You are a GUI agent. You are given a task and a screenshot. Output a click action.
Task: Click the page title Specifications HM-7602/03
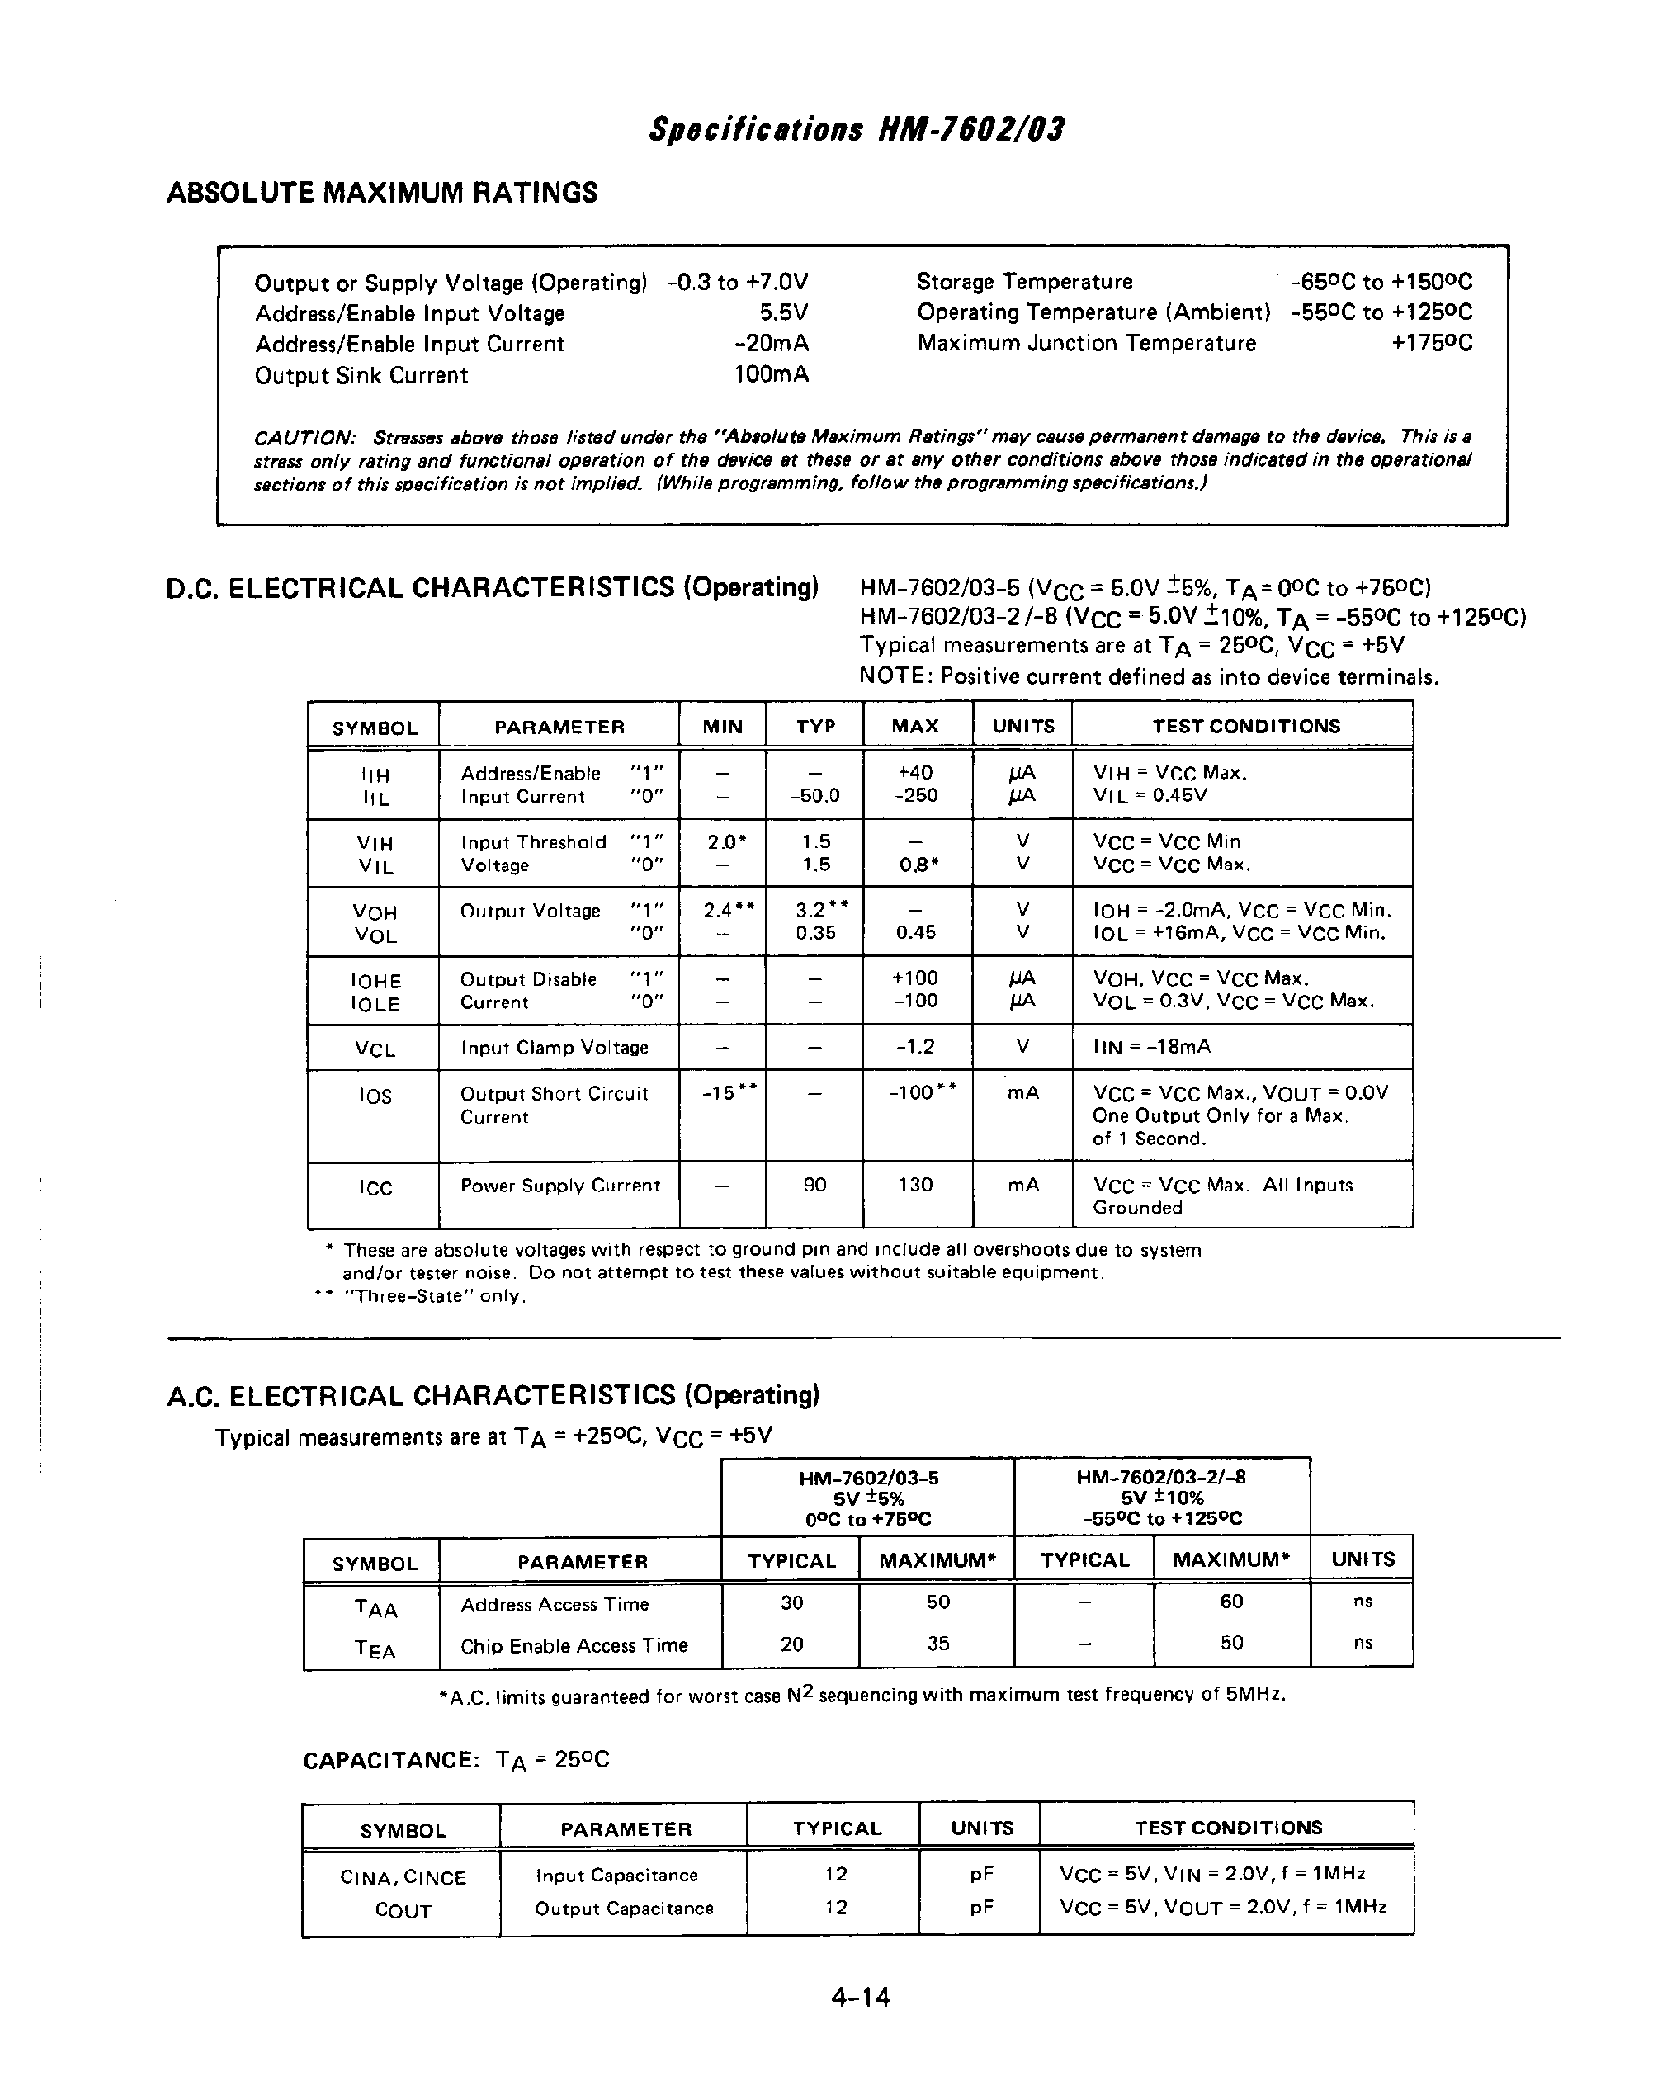pos(856,130)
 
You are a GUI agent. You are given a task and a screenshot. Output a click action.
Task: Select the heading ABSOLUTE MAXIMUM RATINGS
pos(382,193)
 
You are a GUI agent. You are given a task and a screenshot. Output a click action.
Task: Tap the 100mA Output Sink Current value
pos(771,374)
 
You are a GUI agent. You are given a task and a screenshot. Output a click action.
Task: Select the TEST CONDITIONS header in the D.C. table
pos(1245,726)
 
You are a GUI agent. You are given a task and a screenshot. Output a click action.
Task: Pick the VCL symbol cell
pos(374,1050)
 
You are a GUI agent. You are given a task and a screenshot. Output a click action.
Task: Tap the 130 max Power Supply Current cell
pos(916,1184)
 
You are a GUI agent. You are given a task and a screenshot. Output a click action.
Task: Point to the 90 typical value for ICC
pos(814,1184)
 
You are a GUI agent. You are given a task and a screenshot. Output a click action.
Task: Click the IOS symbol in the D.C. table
pos(374,1095)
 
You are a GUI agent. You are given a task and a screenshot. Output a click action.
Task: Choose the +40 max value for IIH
pos(916,772)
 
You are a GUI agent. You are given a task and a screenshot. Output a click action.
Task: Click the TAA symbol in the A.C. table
pos(375,1608)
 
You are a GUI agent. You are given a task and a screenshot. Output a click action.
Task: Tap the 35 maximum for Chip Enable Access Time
pos(936,1643)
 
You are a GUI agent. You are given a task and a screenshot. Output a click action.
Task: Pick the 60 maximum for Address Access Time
pos(1230,1602)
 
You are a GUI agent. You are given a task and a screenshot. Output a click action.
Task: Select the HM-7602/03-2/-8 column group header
pos(1160,1477)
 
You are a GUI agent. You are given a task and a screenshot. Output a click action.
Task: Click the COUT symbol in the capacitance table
pos(403,1911)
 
